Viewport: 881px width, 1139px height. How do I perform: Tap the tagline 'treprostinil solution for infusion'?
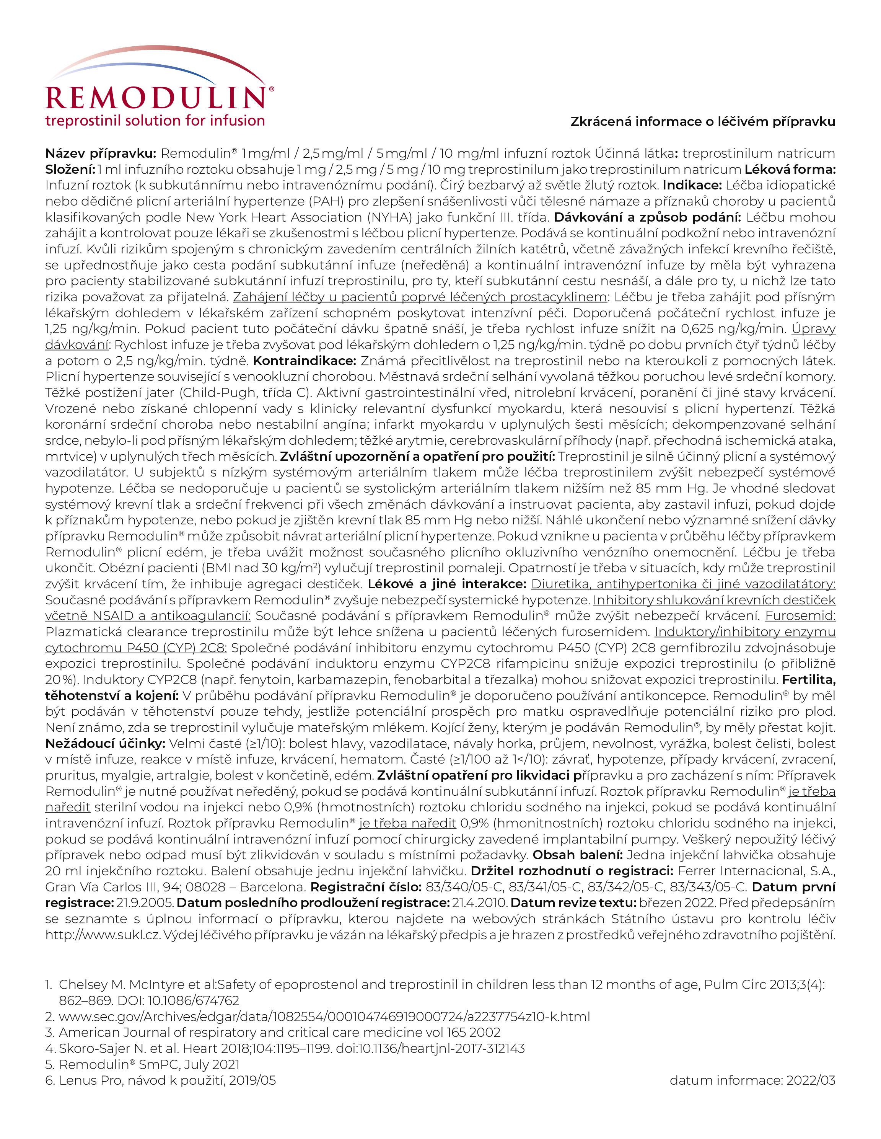155,121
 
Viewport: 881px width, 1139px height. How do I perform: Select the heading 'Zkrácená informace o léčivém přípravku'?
703,121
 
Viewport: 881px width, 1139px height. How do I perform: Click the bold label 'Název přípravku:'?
101,153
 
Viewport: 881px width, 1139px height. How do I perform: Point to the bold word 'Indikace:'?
692,185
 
